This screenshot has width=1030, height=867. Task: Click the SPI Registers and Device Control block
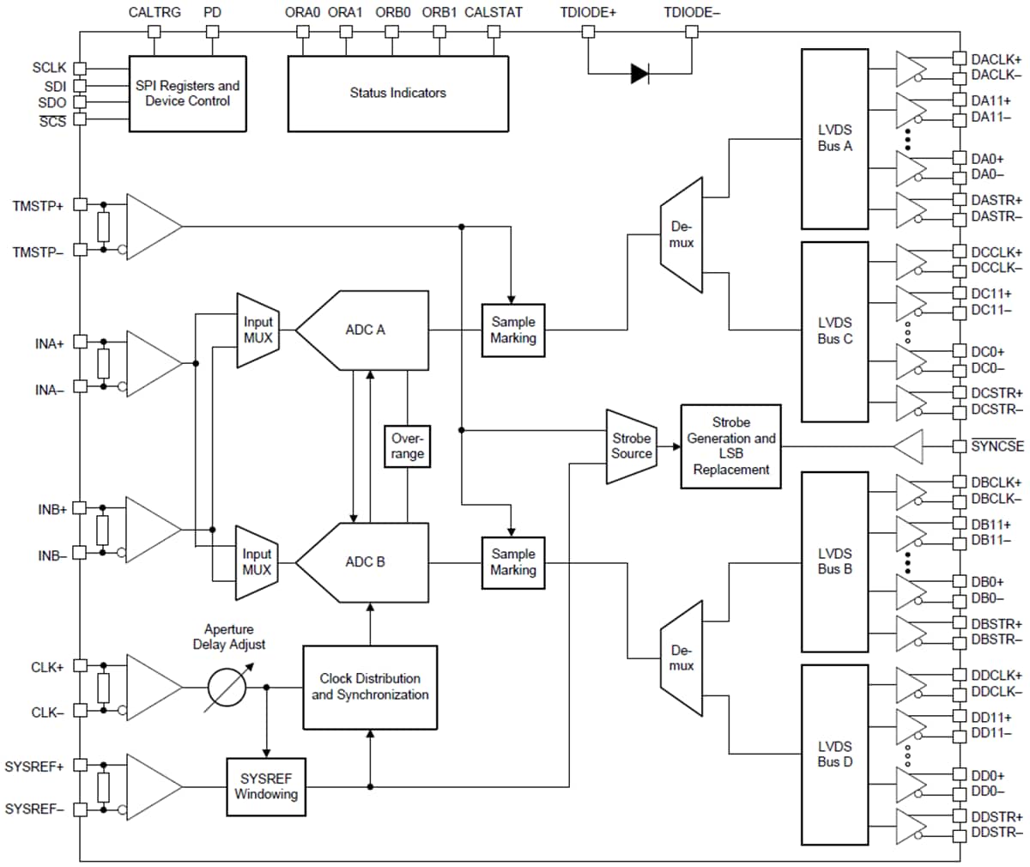[x=187, y=94]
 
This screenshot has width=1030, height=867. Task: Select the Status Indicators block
[x=398, y=94]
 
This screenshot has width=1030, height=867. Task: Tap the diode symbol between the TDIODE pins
[x=639, y=74]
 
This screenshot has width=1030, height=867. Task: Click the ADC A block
[x=362, y=330]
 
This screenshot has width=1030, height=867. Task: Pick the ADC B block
[x=362, y=562]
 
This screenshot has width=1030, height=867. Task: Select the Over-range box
[x=407, y=446]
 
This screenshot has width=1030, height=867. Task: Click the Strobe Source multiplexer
[x=631, y=446]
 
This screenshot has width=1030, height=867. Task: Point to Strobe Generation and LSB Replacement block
[x=730, y=446]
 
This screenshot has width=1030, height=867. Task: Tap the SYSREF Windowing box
[x=266, y=786]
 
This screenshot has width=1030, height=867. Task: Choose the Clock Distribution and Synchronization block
[x=370, y=688]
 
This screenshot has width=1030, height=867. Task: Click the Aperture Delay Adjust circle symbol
[x=227, y=688]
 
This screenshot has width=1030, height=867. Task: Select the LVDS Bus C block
[x=834, y=331]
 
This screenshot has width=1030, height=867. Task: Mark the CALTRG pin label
[x=154, y=12]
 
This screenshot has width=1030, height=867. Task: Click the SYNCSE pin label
[x=997, y=446]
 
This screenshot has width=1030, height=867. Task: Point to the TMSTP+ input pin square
[x=81, y=204]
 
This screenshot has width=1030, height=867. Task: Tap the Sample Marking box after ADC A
[x=513, y=330]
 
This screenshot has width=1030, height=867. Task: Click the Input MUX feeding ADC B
[x=257, y=562]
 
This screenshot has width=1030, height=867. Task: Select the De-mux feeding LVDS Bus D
[x=682, y=658]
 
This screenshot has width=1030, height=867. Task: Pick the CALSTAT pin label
[x=494, y=12]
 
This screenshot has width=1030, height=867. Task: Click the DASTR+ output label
[x=997, y=200]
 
